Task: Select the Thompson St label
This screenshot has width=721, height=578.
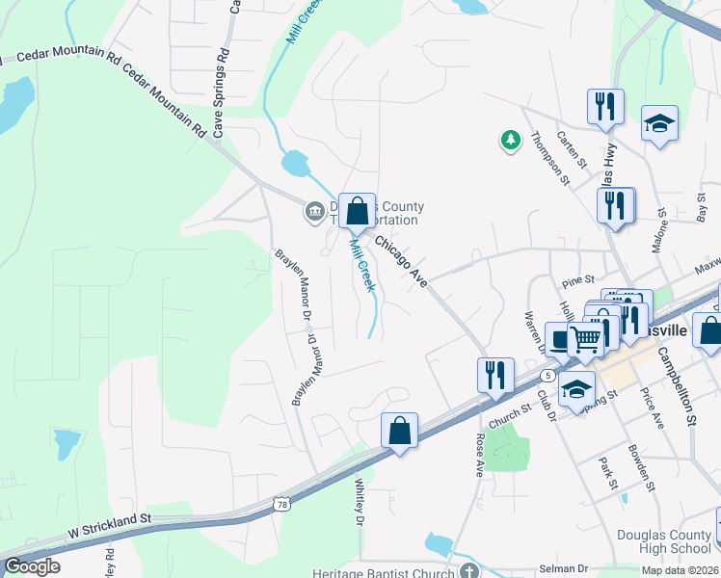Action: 547,154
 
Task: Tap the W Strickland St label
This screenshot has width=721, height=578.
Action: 110,531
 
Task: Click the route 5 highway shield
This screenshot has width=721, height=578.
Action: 547,374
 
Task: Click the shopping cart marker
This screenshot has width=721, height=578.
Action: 586,337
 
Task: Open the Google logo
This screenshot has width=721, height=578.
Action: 32,566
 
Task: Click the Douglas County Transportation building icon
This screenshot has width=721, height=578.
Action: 313,211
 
